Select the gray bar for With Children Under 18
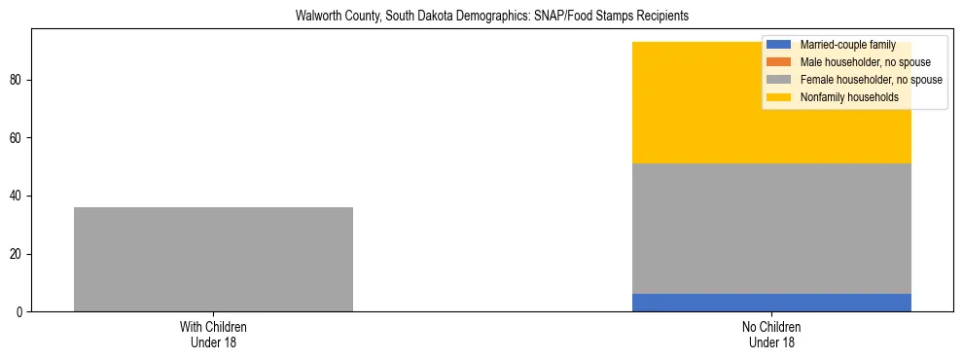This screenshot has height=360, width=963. pos(213,259)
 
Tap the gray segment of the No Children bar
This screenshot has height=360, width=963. pos(771,229)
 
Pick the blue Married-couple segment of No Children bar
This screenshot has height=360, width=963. pos(771,303)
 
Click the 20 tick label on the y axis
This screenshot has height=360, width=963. pos(18,254)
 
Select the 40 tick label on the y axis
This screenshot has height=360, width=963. pos(18,196)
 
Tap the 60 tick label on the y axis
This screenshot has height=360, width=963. pos(18,137)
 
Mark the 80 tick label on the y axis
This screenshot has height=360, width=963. pos(18,79)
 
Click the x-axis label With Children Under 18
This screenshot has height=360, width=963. pos(213,334)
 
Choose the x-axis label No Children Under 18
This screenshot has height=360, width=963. pos(771,334)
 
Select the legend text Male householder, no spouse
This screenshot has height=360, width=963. pos(865,62)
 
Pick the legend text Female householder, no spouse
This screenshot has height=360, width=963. pos(871,80)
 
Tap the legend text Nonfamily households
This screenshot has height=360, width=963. pos(849,97)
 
